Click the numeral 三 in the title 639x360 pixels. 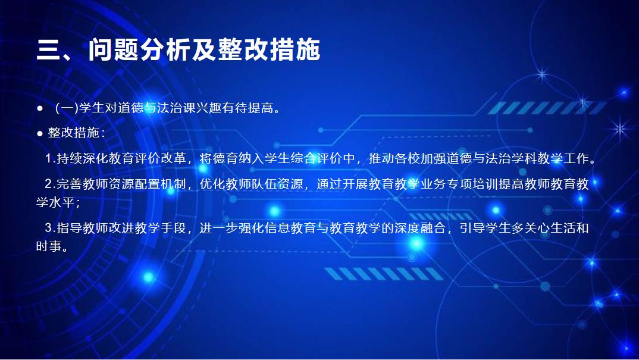click(x=49, y=50)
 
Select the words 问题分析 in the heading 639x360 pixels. click(x=139, y=50)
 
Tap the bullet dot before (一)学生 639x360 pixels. click(x=39, y=108)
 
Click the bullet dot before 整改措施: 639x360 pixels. click(x=39, y=133)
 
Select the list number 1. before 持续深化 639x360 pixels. click(x=50, y=158)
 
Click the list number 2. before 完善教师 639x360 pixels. click(x=50, y=184)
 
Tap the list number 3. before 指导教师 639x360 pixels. click(x=50, y=227)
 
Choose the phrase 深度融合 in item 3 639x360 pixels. click(x=420, y=227)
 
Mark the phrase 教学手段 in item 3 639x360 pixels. click(x=161, y=227)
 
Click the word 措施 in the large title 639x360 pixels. click(x=295, y=50)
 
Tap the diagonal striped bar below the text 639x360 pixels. click(x=384, y=274)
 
